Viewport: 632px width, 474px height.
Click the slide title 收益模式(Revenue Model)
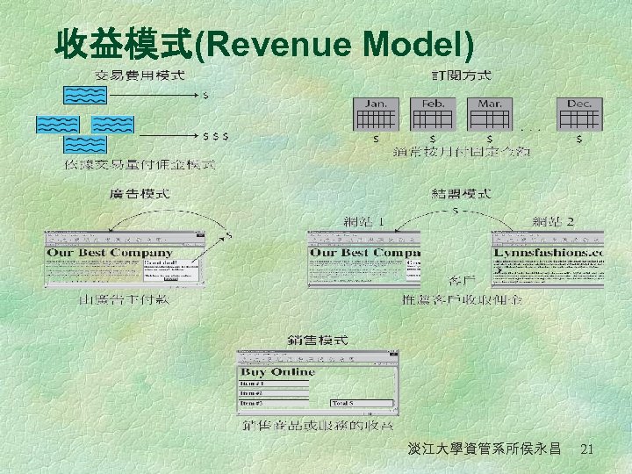pos(263,43)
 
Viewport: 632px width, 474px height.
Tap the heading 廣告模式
pos(140,193)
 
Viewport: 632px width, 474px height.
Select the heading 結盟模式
pos(461,193)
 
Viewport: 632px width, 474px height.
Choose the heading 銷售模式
pos(318,340)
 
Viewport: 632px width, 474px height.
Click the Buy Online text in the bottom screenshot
pos(279,372)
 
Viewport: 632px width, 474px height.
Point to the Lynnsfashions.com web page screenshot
pos(548,258)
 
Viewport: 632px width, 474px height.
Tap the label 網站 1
pos(363,221)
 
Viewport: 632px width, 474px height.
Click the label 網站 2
pos(554,221)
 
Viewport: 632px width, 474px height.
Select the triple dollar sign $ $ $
pos(216,137)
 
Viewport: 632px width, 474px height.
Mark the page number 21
pos(587,449)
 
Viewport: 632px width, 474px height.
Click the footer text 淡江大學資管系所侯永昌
pos(485,449)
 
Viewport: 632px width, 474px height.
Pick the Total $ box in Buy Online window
pos(363,403)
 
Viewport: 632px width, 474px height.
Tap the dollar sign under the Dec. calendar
pos(578,139)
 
